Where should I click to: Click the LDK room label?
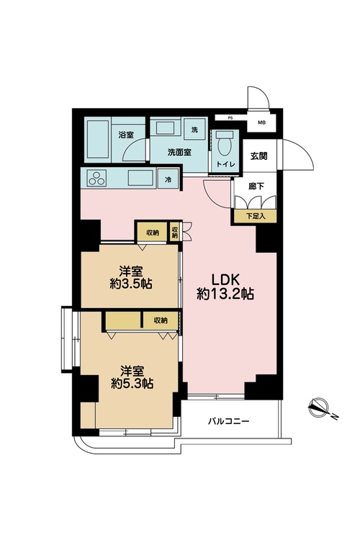tap(225, 278)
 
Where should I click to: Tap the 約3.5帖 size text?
tap(131, 284)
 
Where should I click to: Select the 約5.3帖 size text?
tap(132, 383)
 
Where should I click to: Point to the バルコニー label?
tap(228, 421)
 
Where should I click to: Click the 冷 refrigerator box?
tap(168, 179)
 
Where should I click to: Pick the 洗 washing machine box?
tap(195, 129)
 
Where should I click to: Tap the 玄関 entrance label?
tap(258, 156)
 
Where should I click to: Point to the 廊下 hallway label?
tap(256, 186)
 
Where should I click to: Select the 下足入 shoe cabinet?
tap(256, 216)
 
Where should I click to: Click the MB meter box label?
tap(261, 122)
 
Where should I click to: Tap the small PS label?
tap(230, 118)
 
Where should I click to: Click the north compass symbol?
tap(319, 408)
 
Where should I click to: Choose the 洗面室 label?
tap(179, 152)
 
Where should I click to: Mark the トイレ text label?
tap(225, 164)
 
